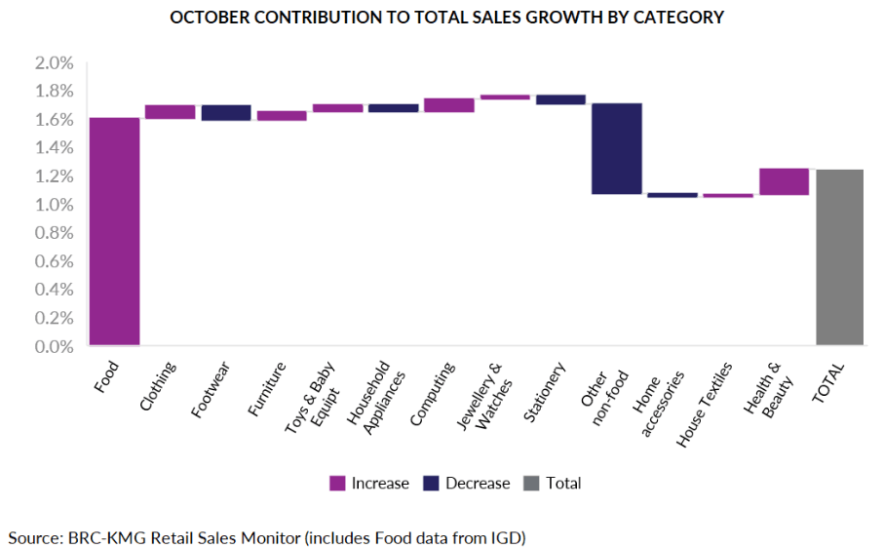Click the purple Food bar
114,231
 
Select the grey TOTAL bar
840,257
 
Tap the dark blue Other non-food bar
617,148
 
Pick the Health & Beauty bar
784,181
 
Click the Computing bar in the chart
448,105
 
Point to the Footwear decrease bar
226,112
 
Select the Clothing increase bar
170,111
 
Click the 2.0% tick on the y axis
55,63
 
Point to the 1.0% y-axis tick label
55,205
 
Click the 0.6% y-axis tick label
55,261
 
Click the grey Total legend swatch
532,483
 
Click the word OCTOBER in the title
210,18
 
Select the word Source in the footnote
32,536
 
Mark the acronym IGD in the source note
508,536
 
